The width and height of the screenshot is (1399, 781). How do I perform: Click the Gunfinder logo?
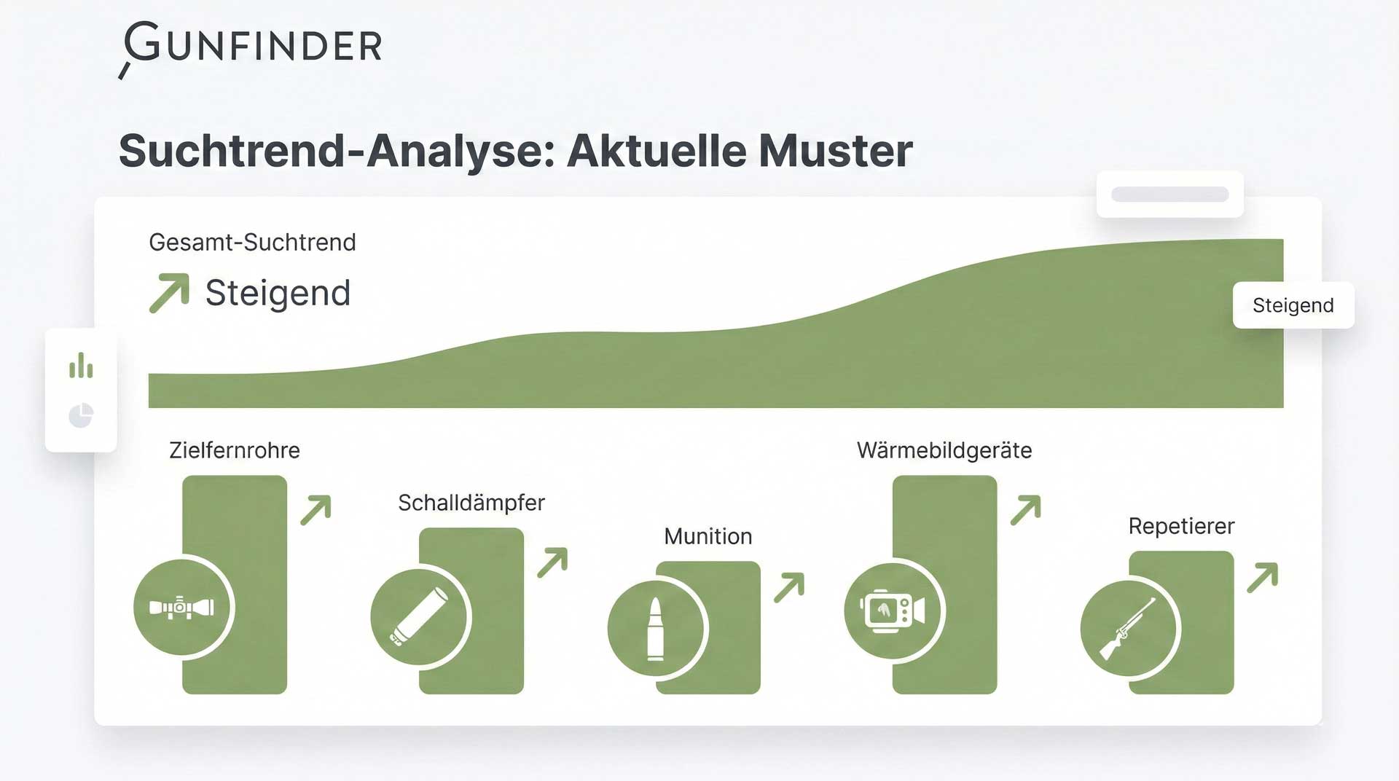(250, 48)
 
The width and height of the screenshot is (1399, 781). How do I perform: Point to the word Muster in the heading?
(835, 151)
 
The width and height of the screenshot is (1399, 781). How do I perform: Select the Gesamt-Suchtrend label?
(252, 242)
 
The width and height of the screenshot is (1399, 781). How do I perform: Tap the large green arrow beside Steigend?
(169, 293)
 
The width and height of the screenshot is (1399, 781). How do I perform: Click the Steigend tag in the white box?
(1293, 305)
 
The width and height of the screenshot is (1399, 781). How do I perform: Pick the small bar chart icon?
(81, 366)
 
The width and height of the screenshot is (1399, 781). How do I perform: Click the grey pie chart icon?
(81, 415)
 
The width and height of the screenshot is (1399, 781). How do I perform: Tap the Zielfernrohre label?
(235, 450)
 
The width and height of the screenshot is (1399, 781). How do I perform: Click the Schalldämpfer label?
(471, 503)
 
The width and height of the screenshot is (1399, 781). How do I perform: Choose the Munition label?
(708, 536)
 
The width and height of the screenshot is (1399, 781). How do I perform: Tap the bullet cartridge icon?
(656, 629)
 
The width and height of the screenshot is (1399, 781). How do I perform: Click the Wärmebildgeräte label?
(944, 450)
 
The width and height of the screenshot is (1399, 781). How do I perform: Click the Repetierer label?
(1181, 526)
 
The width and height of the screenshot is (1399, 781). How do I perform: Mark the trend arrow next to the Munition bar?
(789, 588)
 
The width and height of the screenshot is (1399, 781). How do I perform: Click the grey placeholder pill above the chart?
(1170, 195)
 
